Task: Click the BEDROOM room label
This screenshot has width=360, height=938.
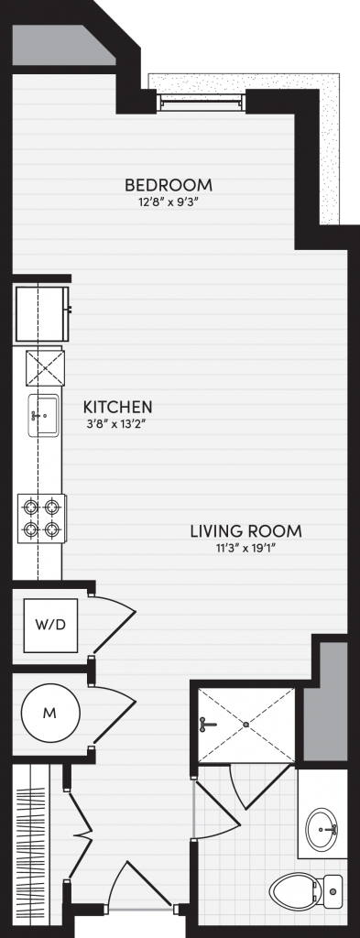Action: (x=168, y=184)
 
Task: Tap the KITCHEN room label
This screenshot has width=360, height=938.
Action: (x=117, y=408)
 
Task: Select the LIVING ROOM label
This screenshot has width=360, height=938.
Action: (x=245, y=530)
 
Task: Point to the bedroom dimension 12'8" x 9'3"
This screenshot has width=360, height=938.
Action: (x=168, y=202)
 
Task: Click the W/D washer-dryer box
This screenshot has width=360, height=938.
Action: (x=50, y=625)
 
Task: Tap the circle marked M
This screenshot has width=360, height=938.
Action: (x=50, y=713)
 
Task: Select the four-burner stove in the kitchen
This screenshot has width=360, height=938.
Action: (x=41, y=518)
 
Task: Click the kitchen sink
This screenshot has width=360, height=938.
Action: (x=42, y=415)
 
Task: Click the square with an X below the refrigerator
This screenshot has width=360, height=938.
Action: (x=45, y=368)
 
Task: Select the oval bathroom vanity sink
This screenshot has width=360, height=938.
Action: (x=322, y=828)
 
